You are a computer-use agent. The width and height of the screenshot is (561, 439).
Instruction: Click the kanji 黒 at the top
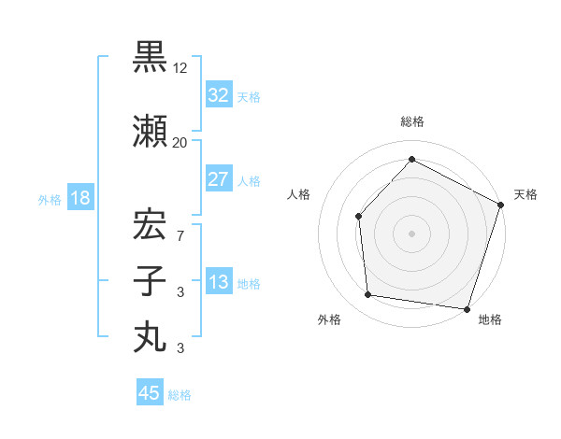pos(150,59)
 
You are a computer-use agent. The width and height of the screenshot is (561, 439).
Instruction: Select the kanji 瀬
pos(150,132)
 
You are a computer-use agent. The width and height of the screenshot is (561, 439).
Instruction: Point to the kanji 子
pos(150,280)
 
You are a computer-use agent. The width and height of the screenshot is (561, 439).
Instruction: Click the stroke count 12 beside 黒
pos(180,69)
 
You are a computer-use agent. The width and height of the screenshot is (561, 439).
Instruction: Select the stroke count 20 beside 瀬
pos(180,142)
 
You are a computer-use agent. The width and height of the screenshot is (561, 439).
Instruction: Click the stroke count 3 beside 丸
pos(180,347)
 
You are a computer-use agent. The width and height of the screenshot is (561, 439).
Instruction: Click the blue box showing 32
pos(219,95)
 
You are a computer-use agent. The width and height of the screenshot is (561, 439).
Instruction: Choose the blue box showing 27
pos(219,179)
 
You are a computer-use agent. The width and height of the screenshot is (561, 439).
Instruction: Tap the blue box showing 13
pos(219,282)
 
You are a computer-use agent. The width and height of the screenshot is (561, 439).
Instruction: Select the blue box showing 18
pos(79,198)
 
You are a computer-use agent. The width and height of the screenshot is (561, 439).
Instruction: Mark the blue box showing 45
pos(150,393)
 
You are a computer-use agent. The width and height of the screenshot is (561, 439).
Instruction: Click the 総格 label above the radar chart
pos(411,121)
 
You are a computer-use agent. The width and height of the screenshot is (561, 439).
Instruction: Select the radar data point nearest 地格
pos(467,308)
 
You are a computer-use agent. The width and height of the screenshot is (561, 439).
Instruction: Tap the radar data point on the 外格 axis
pos(368,295)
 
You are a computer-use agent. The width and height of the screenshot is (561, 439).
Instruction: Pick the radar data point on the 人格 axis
pos(358,217)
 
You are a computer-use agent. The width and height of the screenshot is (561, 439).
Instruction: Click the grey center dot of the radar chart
pos(411,234)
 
